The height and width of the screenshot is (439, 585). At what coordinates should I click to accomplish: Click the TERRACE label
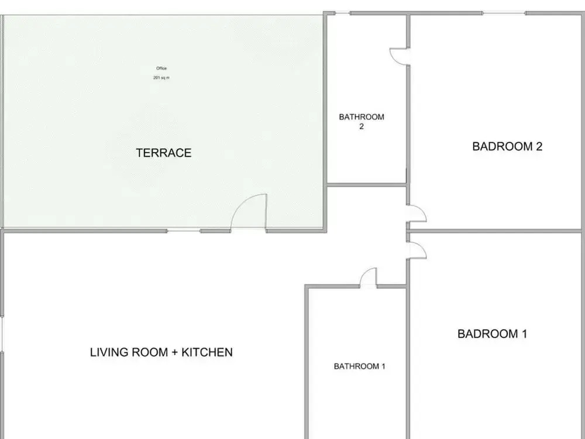point(163,153)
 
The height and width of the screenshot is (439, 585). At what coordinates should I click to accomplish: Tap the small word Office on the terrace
point(161,68)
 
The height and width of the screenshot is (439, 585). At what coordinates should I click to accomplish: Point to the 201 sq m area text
point(161,78)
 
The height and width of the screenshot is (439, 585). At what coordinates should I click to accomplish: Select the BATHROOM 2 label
point(362,122)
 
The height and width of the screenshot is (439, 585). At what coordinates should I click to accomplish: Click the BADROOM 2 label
point(507,146)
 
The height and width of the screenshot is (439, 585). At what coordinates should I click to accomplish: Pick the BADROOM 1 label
point(492,334)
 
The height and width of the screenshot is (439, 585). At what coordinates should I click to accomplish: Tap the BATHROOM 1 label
point(359,366)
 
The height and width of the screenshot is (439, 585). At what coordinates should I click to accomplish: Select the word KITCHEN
point(207,352)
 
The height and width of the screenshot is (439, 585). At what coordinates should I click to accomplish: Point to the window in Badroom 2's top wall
point(504,13)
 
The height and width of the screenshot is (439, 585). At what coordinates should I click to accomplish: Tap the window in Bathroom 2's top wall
point(342,13)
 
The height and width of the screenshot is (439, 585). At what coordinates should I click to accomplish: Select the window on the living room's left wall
point(2,334)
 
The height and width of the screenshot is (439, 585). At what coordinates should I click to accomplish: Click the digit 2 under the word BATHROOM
point(362,126)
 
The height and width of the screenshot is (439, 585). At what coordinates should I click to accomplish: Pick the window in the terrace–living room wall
point(183,231)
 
